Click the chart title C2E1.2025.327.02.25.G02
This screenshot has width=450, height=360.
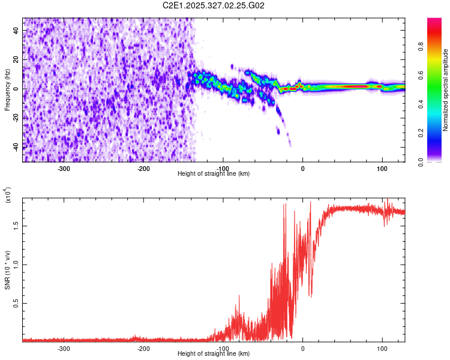(x=214, y=5)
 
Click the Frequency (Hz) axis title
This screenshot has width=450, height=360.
(x=8, y=89)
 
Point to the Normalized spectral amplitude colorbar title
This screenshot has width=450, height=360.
(x=446, y=90)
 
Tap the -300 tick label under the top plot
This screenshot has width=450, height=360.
(x=64, y=168)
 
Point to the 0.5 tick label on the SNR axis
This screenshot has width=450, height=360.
(x=16, y=304)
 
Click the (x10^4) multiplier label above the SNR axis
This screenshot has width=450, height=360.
(x=8, y=195)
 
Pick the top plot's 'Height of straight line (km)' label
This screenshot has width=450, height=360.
(x=214, y=174)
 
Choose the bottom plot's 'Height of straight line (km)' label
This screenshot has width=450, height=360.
(x=214, y=354)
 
